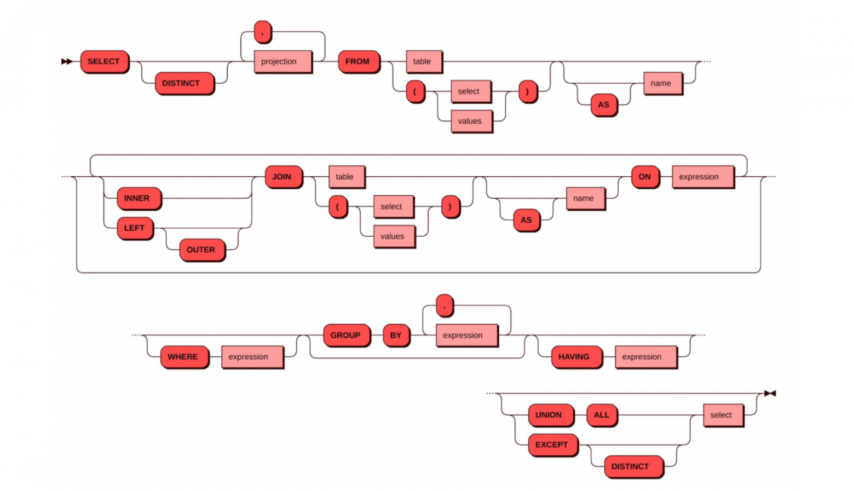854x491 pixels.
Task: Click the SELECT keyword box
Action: (104, 61)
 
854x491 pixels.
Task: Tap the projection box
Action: (282, 61)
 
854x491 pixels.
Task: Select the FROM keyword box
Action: (358, 61)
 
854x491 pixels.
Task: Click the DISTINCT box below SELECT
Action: (183, 83)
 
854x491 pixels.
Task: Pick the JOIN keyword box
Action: (283, 177)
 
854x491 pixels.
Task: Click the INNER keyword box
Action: (138, 198)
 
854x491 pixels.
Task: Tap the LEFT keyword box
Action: (135, 228)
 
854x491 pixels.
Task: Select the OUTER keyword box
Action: (201, 250)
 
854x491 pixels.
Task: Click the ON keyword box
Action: (645, 177)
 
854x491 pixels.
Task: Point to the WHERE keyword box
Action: (184, 357)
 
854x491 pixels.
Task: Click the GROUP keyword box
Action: (346, 335)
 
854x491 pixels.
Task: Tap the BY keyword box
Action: (396, 335)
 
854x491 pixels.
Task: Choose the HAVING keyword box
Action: (575, 357)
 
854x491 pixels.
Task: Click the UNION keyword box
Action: (550, 415)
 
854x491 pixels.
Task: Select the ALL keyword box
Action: (602, 415)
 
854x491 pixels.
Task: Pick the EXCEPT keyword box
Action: (552, 444)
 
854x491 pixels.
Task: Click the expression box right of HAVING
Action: (645, 357)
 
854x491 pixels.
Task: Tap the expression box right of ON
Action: (702, 177)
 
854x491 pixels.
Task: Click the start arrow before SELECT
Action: (66, 61)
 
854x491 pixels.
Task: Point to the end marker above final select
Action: (770, 393)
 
